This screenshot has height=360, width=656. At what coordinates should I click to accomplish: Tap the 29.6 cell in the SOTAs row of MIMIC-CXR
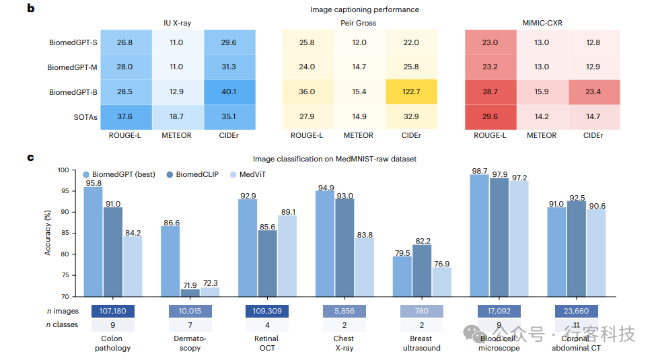(490, 116)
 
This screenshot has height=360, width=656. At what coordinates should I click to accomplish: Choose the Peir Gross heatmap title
(358, 23)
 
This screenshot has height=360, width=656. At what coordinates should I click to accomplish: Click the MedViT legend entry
(246, 175)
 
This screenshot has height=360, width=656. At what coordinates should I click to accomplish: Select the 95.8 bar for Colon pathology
(93, 242)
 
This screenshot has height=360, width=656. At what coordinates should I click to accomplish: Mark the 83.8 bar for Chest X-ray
(364, 267)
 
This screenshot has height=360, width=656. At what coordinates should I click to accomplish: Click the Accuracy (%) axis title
(48, 232)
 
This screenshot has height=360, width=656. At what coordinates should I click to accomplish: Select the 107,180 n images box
(112, 311)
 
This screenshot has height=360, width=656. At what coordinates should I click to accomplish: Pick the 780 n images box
(422, 311)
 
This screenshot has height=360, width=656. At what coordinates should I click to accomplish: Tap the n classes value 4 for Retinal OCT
(267, 325)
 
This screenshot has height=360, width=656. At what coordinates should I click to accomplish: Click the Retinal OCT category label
(267, 343)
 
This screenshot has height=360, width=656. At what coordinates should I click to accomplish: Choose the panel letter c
(30, 157)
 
